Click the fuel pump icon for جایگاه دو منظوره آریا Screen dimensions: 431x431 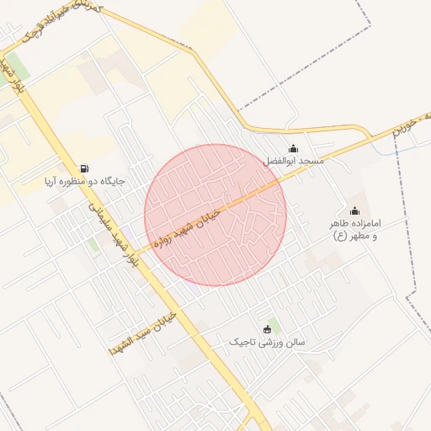click(83, 168)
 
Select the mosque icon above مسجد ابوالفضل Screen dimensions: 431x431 click(293, 149)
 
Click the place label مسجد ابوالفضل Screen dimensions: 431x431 click(293, 160)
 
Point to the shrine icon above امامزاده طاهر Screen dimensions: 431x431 click(354, 211)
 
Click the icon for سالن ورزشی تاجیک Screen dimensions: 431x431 click(269, 329)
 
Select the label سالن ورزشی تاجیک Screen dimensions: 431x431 click(269, 343)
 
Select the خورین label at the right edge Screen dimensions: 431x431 click(418, 118)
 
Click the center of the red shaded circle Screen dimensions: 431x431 click(215, 215)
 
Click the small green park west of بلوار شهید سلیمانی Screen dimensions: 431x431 click(93, 245)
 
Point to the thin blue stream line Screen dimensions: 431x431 click(412, 141)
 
